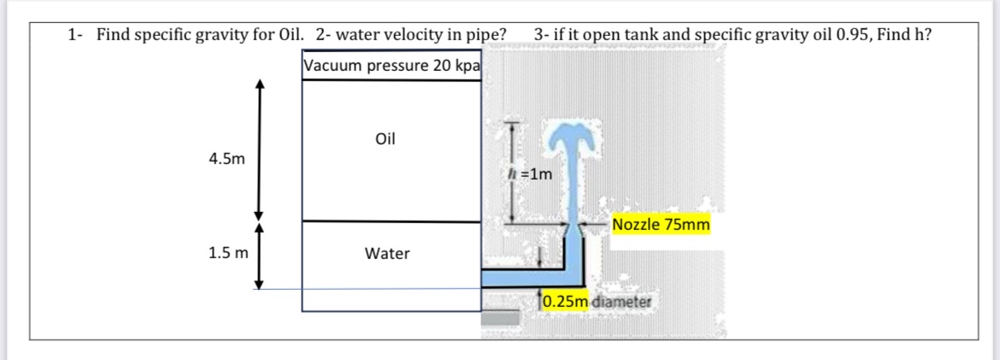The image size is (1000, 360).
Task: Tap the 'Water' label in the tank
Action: pos(387,253)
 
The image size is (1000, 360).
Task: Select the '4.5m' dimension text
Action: pos(226,158)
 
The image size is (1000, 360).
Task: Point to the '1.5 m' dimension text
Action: pos(228,253)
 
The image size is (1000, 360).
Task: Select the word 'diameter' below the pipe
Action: pos(621,301)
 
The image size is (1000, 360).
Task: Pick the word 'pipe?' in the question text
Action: pos(485,35)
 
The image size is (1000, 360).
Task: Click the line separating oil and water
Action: pos(391,221)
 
